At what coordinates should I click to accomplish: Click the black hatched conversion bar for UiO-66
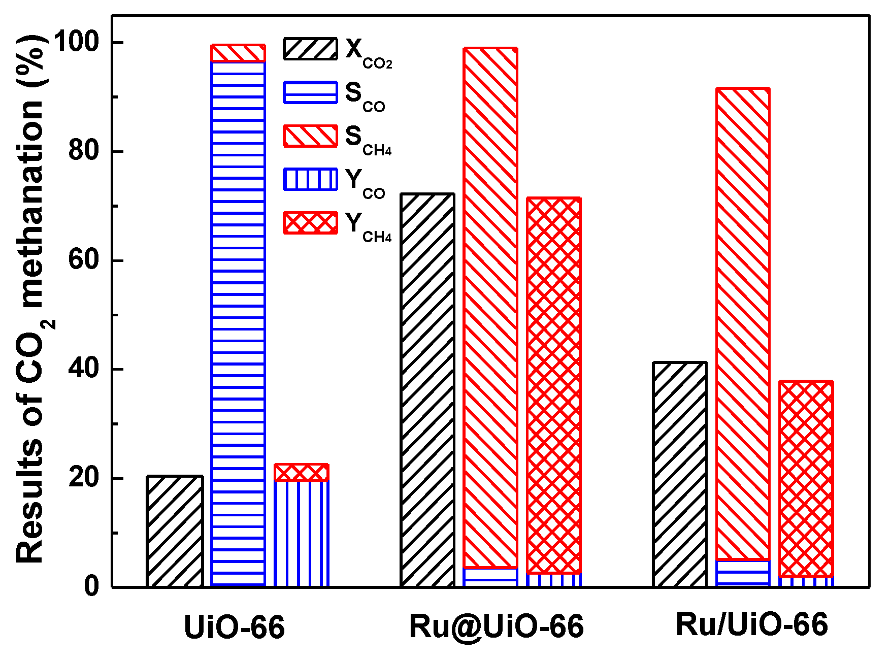click(175, 532)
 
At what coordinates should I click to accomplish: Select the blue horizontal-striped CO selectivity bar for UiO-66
click(238, 325)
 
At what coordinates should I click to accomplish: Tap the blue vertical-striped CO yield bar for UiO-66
click(302, 533)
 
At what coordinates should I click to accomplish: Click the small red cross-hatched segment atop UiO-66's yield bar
click(302, 472)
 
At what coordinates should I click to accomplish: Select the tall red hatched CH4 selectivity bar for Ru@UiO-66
click(490, 305)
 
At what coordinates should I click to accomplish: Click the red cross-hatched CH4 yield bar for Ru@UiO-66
click(554, 386)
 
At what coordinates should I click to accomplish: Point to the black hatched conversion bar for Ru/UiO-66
click(680, 475)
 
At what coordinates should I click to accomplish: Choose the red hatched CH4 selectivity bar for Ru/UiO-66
click(743, 325)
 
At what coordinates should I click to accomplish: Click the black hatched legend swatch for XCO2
click(310, 49)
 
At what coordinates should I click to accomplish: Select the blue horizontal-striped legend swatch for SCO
click(310, 92)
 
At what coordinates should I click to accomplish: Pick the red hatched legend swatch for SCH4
click(310, 136)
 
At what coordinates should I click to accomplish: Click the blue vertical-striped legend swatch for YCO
click(310, 179)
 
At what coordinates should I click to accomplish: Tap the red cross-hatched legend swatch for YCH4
click(310, 223)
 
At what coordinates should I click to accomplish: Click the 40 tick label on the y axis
click(83, 369)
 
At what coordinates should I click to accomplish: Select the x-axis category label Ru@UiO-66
click(497, 626)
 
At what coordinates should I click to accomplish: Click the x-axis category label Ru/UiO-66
click(751, 624)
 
